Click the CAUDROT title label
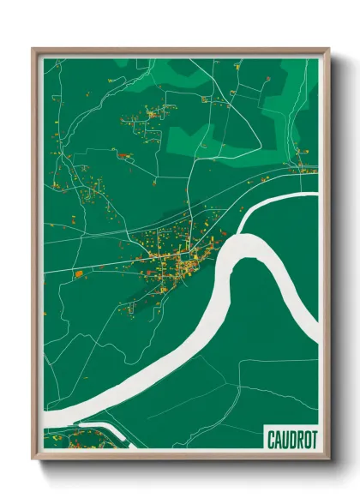291,439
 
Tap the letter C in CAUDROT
271,439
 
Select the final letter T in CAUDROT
313,439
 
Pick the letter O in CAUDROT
306,439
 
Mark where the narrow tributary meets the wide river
241,230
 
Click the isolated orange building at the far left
78,274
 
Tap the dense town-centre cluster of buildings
182,266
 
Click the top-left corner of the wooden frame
33,49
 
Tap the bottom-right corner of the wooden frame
328,459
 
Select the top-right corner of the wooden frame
328,49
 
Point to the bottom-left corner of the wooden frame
33,459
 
